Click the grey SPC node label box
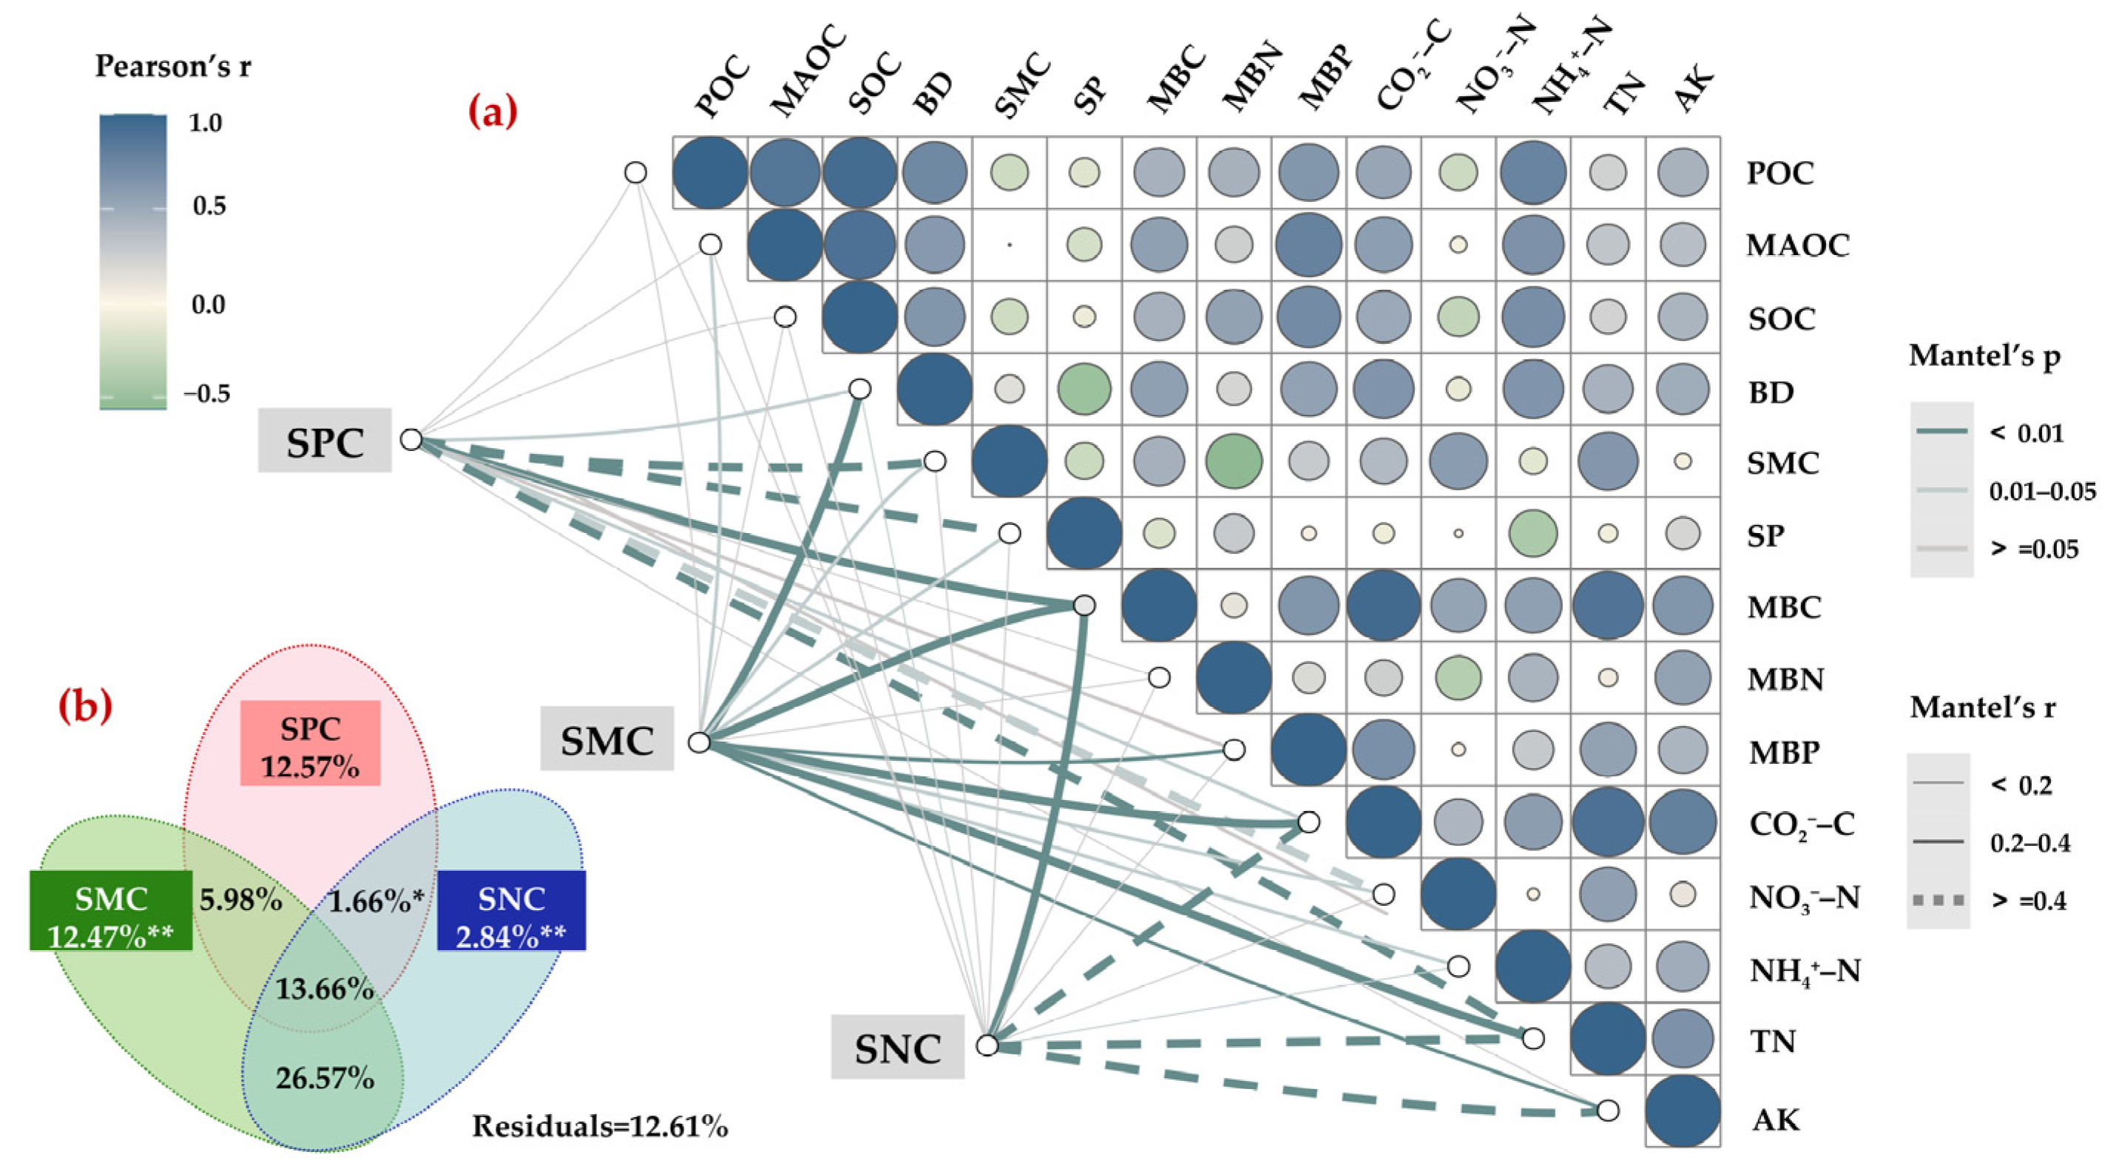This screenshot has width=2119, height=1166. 325,441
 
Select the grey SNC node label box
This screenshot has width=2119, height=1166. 896,1047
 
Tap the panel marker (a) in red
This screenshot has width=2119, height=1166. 493,111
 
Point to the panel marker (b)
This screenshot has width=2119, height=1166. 86,705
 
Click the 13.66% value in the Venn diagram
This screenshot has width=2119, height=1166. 325,988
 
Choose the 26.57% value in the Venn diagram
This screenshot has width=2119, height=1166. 325,1077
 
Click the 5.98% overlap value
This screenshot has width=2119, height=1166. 240,900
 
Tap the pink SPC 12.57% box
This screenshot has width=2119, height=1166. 310,743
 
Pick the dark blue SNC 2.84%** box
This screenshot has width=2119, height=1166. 511,911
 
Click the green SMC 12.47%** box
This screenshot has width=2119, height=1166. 111,911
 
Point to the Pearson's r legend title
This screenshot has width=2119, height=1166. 173,66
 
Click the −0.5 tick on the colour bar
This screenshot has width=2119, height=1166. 206,393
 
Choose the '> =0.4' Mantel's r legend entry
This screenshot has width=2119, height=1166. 2029,900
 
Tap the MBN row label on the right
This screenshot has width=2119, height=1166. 1785,679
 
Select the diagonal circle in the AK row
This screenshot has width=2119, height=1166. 1682,1111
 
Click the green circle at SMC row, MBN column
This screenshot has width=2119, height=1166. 1233,461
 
